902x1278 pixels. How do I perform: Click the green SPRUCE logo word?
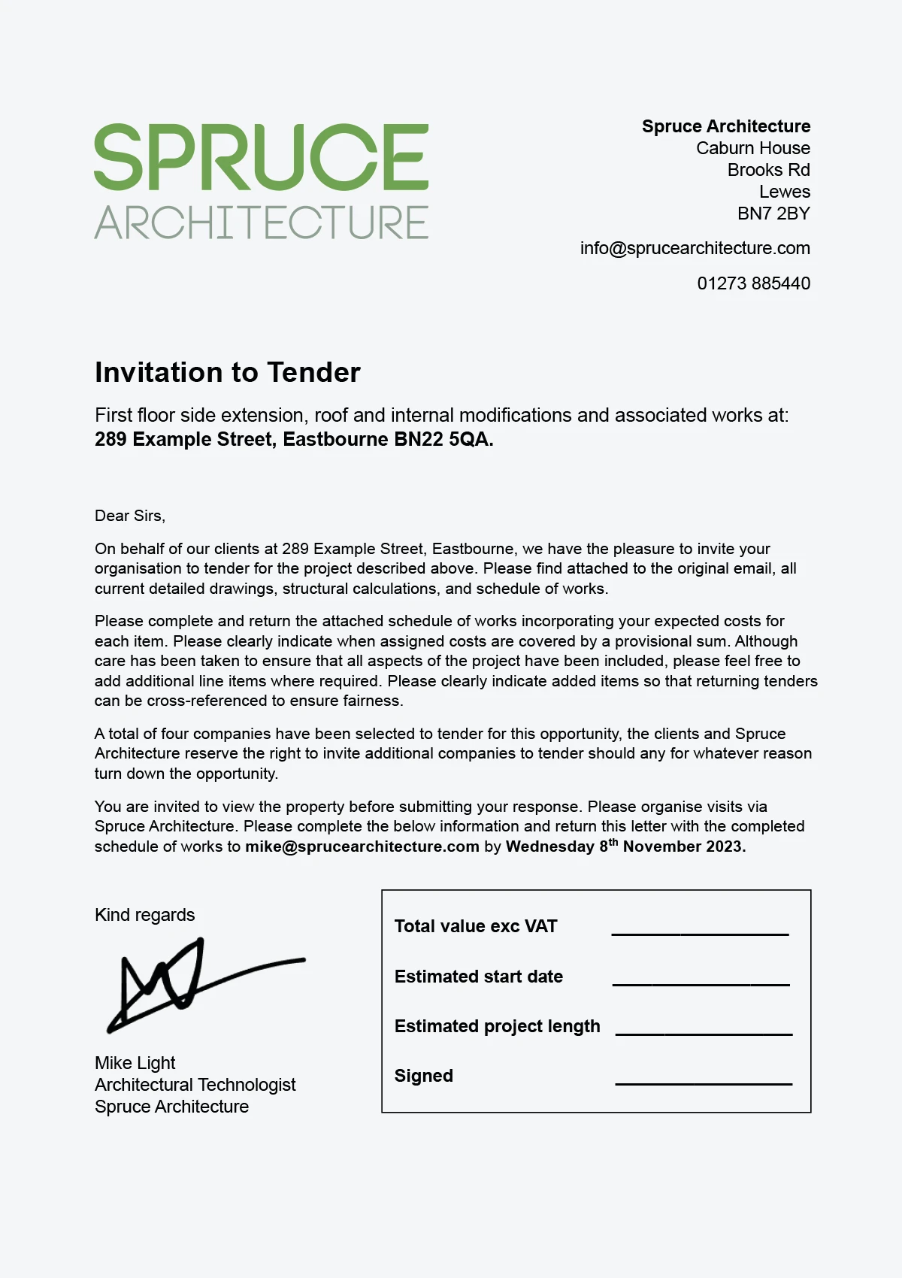coord(261,157)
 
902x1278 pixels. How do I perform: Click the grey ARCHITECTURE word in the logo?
coord(261,223)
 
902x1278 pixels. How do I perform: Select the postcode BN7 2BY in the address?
coord(773,214)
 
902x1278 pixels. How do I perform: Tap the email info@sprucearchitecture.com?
coord(695,248)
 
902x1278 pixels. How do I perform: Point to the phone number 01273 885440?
coord(753,283)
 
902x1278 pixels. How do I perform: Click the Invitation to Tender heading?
coord(227,373)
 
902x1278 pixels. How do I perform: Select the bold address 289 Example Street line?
coord(294,440)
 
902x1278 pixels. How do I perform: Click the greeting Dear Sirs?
coord(129,516)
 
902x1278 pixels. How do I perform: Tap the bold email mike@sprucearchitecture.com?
coord(362,846)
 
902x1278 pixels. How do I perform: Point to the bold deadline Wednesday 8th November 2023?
coord(625,846)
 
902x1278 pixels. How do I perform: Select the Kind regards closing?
coord(144,915)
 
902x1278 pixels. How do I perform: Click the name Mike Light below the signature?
coord(135,1063)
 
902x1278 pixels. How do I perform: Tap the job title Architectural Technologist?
coord(195,1085)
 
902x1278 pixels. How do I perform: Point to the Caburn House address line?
coord(752,148)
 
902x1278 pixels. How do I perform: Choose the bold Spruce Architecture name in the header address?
coord(725,126)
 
